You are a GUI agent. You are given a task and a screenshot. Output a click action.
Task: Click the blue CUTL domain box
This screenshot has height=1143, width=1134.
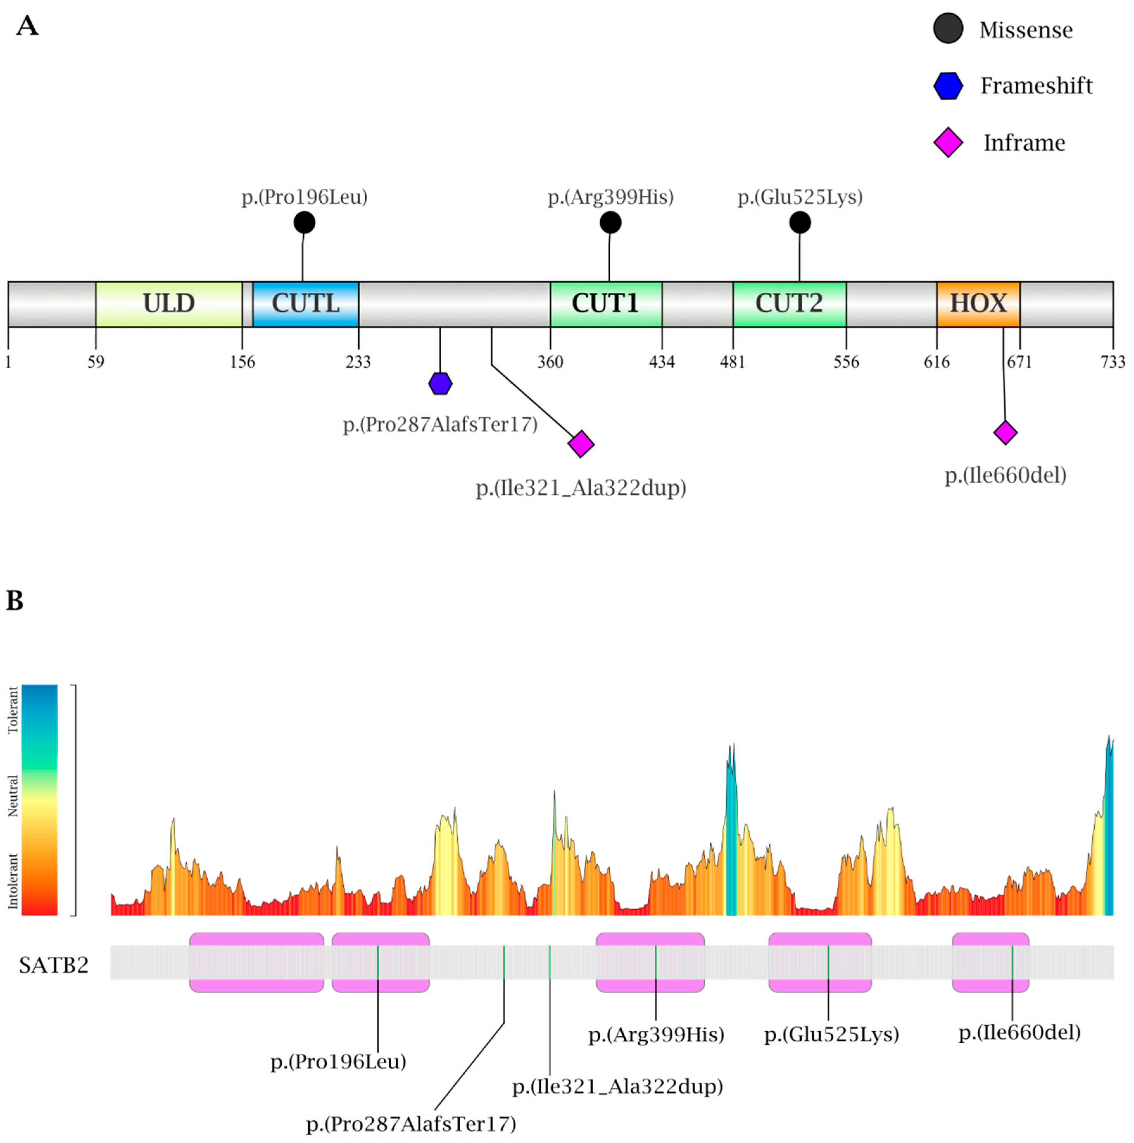point(306,304)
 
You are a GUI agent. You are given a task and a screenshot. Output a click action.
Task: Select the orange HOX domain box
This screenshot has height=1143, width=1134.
point(978,304)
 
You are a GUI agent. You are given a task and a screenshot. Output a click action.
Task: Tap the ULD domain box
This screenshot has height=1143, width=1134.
point(169,304)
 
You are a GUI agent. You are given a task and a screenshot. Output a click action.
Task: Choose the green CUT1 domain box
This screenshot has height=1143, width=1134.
point(606,304)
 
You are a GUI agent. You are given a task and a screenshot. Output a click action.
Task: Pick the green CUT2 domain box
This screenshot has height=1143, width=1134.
point(789,304)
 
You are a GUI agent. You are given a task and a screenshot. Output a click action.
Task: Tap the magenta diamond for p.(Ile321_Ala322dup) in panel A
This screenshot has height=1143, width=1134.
point(581,444)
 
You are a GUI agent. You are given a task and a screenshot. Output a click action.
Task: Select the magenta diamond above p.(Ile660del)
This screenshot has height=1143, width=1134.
point(1005,432)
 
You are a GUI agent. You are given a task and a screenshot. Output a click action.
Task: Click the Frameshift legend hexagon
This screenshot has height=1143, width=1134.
point(948,86)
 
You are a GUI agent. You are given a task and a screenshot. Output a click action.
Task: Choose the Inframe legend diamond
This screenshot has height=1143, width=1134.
point(948,142)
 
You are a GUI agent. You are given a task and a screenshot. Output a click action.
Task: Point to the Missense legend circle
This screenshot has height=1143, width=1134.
point(948,28)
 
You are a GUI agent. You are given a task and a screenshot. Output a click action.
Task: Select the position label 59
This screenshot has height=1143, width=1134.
point(96,361)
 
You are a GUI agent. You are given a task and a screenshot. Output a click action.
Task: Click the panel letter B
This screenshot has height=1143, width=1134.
point(15,600)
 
